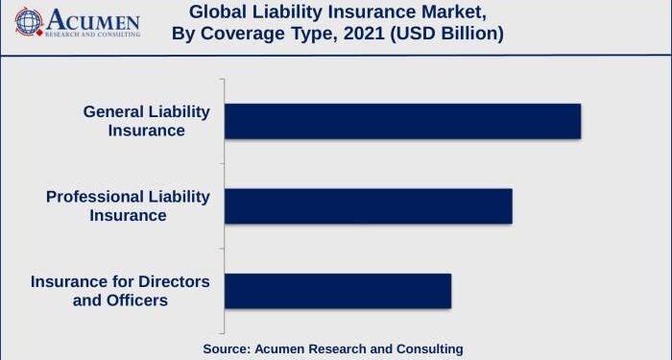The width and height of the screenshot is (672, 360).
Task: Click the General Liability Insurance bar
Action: coord(402,121)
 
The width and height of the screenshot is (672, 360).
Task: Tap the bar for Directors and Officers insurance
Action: coord(337,291)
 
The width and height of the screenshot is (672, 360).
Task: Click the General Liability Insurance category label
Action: coord(146,121)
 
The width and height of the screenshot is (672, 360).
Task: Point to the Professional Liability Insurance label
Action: coord(128,205)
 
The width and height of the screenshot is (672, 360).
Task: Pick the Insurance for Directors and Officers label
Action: coord(120,291)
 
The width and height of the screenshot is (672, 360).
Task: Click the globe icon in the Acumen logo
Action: coord(30,21)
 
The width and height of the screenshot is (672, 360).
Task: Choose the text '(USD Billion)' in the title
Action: coord(447,35)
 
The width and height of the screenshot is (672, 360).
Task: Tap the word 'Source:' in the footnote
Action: coord(227,348)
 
